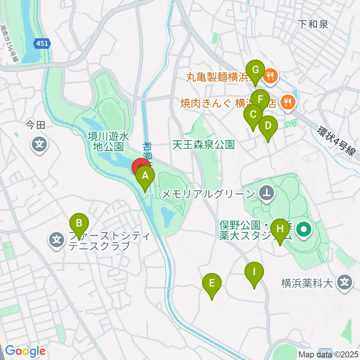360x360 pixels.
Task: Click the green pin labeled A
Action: coord(145,175)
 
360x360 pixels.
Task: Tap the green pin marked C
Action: coord(253,114)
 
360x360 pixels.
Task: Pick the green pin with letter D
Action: coord(268,126)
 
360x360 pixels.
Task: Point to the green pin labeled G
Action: coord(256,70)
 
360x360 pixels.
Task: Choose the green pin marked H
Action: coord(280,228)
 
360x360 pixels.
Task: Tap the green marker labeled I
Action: coord(254,272)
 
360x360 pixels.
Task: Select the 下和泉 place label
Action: coord(313,25)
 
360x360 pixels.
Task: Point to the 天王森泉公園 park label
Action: coord(204,144)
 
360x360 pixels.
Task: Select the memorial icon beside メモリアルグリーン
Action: coord(267,193)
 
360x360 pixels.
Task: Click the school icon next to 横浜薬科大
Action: coord(344,282)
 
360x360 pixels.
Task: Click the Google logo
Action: coord(25,351)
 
